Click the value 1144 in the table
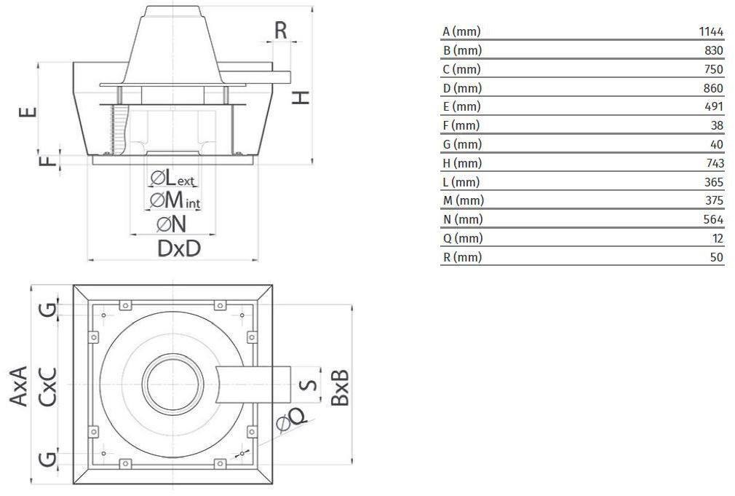tap(711, 31)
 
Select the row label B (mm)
tap(461, 50)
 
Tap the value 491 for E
tap(714, 106)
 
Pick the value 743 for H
tap(715, 163)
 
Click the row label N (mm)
tap(463, 220)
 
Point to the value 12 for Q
tap(718, 238)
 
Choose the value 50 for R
tap(717, 257)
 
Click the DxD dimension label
tap(179, 248)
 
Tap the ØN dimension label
tap(172, 224)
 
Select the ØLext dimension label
tap(172, 178)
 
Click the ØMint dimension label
tap(175, 200)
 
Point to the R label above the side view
tap(281, 31)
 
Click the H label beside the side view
tap(301, 98)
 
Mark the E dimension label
tap(28, 111)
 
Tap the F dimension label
tap(47, 161)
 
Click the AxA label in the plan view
tap(18, 386)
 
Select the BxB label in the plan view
tap(341, 387)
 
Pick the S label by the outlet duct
tap(308, 385)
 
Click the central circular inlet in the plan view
tap(173, 384)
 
